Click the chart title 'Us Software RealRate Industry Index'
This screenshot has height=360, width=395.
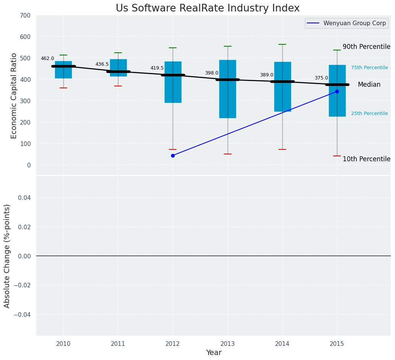(207, 8)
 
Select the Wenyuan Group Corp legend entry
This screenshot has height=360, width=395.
(346, 23)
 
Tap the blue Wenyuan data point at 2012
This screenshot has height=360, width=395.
(173, 156)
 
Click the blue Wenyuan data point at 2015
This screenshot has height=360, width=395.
(337, 91)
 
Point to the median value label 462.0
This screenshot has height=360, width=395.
(47, 58)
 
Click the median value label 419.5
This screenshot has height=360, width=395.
(157, 68)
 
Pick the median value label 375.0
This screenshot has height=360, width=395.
(321, 78)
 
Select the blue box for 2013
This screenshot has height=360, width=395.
(228, 99)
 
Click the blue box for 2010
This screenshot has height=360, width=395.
(63, 73)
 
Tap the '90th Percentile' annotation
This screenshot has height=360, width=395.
(366, 47)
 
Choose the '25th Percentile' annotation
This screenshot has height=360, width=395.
(369, 114)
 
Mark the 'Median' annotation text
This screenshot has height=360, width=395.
(369, 84)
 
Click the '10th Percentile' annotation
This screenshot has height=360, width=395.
(366, 159)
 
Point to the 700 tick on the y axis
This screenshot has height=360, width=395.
(26, 15)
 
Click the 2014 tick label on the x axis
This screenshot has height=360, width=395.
(282, 344)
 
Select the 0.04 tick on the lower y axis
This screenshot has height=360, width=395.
(24, 198)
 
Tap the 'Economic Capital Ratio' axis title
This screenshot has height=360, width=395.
(14, 96)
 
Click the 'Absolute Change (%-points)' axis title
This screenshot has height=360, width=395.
(7, 256)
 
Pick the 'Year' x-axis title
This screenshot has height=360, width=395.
(214, 353)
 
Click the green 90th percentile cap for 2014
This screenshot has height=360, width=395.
(282, 44)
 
